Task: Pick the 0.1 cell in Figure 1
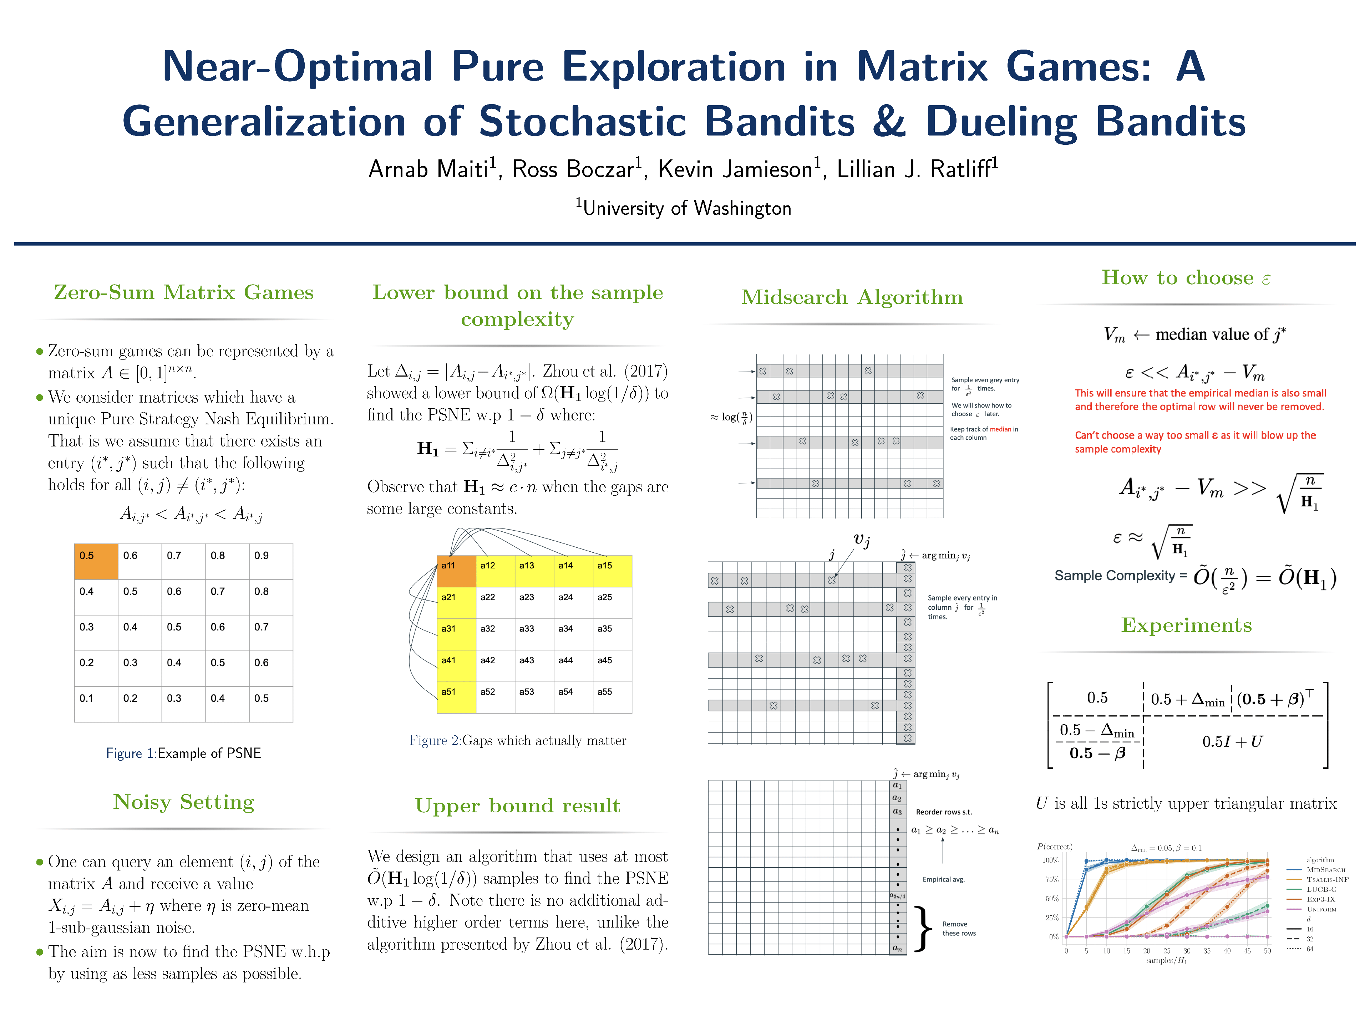(96, 704)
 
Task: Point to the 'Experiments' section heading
(1186, 625)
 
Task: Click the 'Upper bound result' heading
(517, 806)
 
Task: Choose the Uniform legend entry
(1321, 909)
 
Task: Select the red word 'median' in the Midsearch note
(1000, 429)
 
